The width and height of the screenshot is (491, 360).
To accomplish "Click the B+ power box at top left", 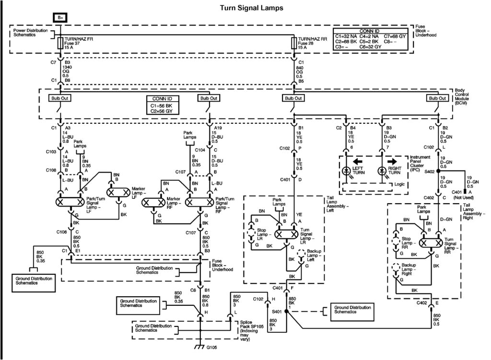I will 60,17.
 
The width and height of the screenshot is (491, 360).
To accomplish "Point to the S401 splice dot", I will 286,311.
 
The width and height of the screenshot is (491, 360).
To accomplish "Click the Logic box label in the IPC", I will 396,185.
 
